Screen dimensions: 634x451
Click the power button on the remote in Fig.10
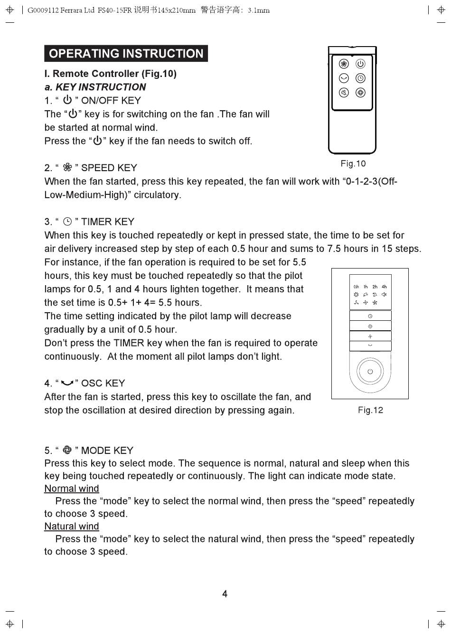360,64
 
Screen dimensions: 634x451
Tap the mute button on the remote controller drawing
344,92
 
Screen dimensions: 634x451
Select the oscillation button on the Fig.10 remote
344,78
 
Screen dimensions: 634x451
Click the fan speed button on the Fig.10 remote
344,64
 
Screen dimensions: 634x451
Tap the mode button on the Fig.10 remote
360,92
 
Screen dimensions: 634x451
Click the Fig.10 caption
353,163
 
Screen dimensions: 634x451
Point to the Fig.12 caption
370,410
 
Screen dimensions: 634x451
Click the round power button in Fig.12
370,371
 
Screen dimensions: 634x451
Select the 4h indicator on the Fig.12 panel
384,287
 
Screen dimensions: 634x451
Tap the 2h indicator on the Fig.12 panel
375,287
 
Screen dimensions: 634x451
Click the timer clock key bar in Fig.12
370,316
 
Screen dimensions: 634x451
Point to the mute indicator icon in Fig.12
384,295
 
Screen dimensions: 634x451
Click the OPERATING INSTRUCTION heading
126,53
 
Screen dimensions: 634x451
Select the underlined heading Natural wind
72,526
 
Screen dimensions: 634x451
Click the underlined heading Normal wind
72,489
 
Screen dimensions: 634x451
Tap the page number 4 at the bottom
225,594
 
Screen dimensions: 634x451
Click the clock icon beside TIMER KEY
67,221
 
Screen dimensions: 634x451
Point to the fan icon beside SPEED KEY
67,167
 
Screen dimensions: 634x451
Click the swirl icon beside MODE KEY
67,450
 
